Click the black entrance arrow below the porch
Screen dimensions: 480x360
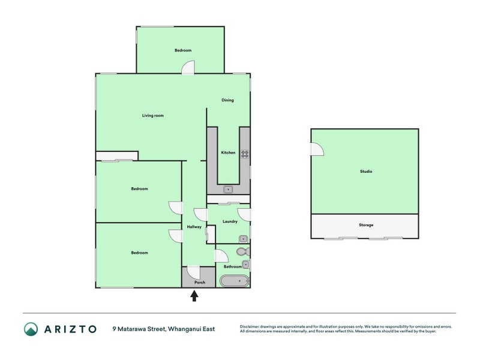pyautogui.click(x=194, y=296)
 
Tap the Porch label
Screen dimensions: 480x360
pyautogui.click(x=200, y=282)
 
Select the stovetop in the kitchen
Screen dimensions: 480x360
pyautogui.click(x=245, y=154)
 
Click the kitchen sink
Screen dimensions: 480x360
pyautogui.click(x=228, y=190)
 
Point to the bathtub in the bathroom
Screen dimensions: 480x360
pyautogui.click(x=235, y=281)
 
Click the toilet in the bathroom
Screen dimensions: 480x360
pyautogui.click(x=243, y=251)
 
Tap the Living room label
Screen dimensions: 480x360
pyautogui.click(x=153, y=115)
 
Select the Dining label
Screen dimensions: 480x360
pyautogui.click(x=227, y=100)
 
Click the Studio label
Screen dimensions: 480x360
pyautogui.click(x=366, y=172)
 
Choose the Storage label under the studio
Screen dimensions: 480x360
pyautogui.click(x=366, y=225)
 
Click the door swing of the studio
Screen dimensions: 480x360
pyautogui.click(x=317, y=149)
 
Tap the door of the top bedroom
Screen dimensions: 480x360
pyautogui.click(x=188, y=67)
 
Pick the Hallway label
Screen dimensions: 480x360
pyautogui.click(x=194, y=227)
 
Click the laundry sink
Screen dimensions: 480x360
pyautogui.click(x=244, y=238)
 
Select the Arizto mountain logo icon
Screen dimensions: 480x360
pyautogui.click(x=31, y=329)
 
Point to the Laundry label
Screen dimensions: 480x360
pyautogui.click(x=230, y=221)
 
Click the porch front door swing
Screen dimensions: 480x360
pyautogui.click(x=193, y=272)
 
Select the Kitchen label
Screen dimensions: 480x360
pyautogui.click(x=229, y=152)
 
